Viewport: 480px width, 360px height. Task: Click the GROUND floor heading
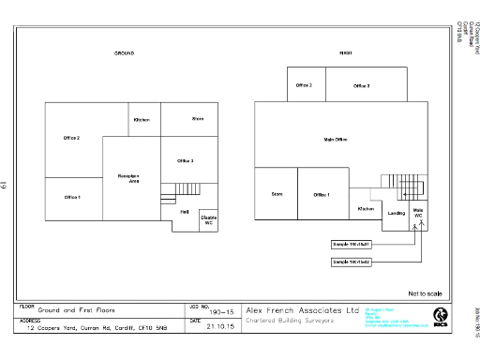[124, 53]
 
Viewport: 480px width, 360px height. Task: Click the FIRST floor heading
[345, 53]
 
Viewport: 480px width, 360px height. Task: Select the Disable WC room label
[208, 220]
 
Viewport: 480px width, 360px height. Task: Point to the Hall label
[185, 212]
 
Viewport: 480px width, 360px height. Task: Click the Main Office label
[336, 139]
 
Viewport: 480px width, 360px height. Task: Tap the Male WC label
[419, 214]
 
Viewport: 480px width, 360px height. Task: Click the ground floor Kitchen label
[142, 119]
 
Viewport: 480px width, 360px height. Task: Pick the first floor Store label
[277, 194]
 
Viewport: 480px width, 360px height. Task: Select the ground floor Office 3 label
[185, 160]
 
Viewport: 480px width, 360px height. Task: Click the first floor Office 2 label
[304, 85]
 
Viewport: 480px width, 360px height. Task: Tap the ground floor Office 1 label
[72, 197]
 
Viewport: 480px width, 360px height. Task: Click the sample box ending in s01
[352, 244]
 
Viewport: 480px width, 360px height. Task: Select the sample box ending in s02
[352, 262]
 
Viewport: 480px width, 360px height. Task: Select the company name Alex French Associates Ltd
[302, 309]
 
